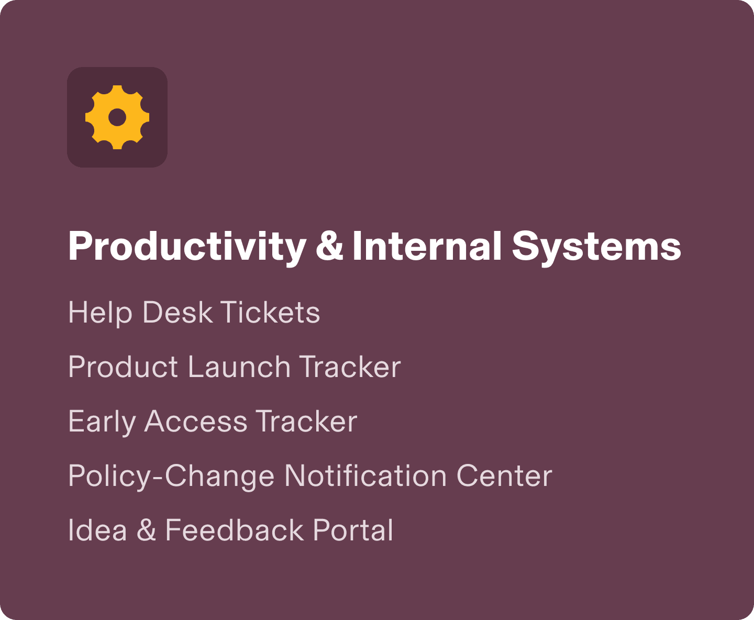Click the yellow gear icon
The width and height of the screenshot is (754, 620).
[117, 117]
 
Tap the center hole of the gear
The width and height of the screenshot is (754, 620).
[117, 117]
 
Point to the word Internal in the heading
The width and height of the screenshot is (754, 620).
[427, 246]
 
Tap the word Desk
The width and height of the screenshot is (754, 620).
[178, 312]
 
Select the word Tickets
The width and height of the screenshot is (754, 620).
[270, 312]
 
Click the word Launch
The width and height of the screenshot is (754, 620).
[239, 367]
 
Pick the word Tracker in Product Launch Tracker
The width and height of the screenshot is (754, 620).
[350, 367]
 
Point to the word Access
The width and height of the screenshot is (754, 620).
[195, 421]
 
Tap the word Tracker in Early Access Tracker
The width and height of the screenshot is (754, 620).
[306, 421]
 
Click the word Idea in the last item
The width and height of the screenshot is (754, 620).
[97, 530]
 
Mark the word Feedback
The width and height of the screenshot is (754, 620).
[235, 530]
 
